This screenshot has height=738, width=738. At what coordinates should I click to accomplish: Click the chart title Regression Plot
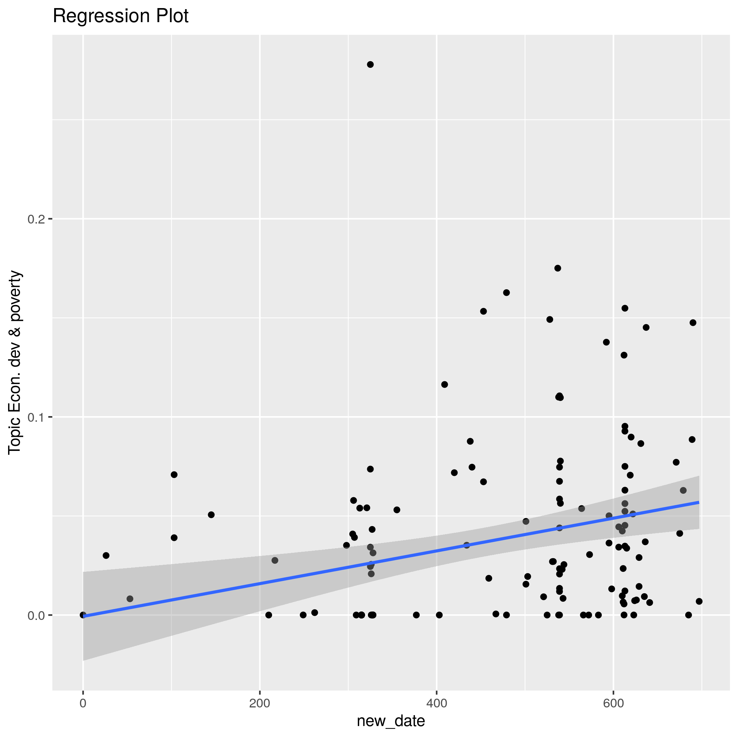coord(120,16)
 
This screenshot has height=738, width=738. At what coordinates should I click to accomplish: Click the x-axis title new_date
coord(391,721)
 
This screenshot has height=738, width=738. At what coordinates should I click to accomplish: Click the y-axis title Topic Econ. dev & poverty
coord(15,362)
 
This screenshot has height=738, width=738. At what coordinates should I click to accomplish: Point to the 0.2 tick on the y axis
coord(36,219)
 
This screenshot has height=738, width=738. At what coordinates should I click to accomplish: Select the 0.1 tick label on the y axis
coord(36,417)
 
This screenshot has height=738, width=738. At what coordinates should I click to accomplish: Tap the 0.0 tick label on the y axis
coord(36,615)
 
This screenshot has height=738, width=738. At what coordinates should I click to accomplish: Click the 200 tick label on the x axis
coord(260,703)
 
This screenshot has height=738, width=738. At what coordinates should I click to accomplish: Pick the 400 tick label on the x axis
coord(436,703)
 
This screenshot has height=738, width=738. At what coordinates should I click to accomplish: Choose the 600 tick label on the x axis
coord(613,703)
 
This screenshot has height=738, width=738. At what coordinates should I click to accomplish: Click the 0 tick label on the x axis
coord(83,703)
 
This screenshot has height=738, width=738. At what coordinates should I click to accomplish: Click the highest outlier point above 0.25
coord(370,65)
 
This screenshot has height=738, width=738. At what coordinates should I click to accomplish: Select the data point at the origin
coord(83,615)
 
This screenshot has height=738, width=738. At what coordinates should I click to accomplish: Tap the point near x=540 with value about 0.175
coord(558,268)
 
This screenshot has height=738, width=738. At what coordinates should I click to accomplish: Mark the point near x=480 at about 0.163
coord(506,293)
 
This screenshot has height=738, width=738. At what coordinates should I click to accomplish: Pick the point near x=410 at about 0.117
coord(445,384)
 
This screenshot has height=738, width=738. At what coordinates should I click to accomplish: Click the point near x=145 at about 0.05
coord(211,514)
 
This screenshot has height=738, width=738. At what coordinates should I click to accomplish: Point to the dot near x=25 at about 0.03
coord(106,555)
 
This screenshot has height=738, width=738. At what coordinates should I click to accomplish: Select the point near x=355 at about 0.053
coord(397,510)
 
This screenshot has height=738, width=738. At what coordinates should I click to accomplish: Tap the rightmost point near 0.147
coord(693,323)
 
